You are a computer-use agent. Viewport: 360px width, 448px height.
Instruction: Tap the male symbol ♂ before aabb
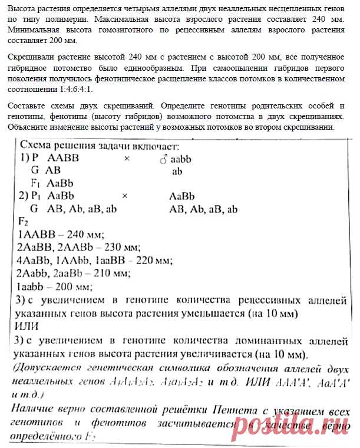coord(163,159)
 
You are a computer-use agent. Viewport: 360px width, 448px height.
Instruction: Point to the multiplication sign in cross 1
coord(126,159)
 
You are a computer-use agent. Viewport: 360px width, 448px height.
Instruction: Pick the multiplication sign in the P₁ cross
coord(124,196)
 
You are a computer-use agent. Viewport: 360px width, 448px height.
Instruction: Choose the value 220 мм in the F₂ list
coord(151,260)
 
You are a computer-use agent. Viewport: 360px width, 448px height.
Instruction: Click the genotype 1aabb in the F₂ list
coord(34,287)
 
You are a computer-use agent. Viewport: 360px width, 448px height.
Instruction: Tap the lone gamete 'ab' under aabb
coord(177,172)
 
